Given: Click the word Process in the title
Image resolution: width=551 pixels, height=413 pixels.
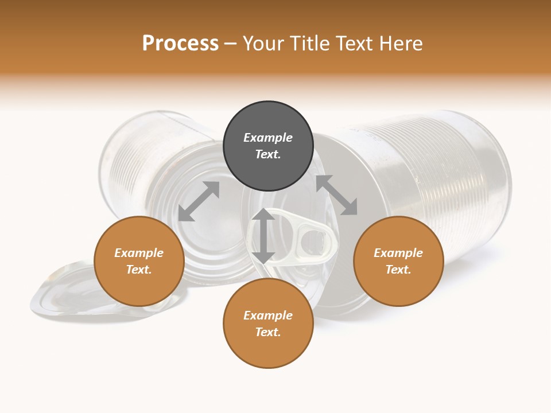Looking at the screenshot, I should [180, 44].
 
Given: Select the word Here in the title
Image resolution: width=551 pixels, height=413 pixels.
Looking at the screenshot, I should [400, 44].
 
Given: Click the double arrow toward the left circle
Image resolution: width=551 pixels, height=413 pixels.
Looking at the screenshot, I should [199, 201].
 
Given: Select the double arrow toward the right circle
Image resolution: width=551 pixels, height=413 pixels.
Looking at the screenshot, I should [336, 195].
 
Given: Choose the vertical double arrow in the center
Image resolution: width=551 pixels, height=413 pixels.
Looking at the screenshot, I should [263, 236].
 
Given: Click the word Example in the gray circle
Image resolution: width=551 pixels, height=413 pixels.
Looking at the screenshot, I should [268, 138].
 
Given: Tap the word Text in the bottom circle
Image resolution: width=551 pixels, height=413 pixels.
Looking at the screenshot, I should [267, 332].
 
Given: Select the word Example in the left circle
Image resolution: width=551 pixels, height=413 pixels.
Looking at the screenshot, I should [139, 253].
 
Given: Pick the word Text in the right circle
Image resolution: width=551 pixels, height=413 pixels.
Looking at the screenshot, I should [397, 270].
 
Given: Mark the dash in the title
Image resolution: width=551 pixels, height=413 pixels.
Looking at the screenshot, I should [231, 44].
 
